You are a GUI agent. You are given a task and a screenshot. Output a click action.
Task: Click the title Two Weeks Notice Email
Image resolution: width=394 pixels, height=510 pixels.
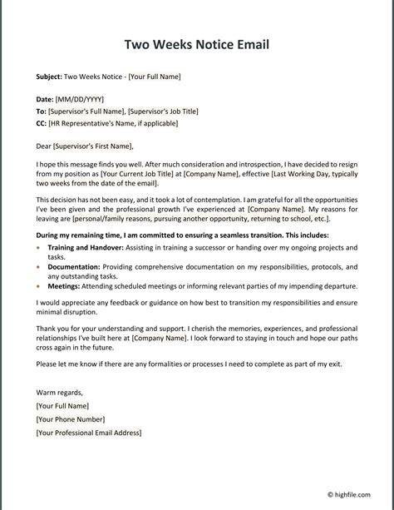coord(197,44)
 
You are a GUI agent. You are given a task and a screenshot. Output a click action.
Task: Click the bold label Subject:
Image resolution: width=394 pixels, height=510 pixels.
coord(49,77)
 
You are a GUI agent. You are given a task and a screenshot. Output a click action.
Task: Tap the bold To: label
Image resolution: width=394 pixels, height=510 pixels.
coord(42,111)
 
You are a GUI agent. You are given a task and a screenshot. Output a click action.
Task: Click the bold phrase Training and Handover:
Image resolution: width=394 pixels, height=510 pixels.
coord(86,248)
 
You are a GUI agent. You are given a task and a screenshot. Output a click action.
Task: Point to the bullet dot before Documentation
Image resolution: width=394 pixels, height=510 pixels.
coord(39,267)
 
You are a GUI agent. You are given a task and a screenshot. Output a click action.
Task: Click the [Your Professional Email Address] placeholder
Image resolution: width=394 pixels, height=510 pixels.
coord(89,433)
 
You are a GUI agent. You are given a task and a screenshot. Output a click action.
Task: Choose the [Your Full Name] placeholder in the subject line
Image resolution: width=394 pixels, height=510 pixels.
coord(155,77)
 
